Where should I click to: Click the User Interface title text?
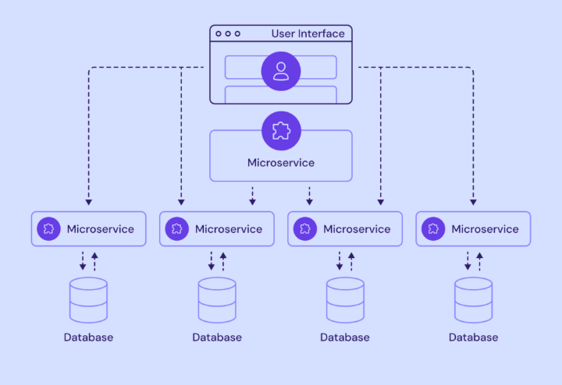(308, 34)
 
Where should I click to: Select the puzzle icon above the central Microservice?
(281, 131)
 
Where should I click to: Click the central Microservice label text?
(281, 163)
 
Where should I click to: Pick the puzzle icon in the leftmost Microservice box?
(48, 229)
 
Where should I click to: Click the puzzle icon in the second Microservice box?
(176, 229)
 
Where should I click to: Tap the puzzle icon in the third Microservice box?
(304, 229)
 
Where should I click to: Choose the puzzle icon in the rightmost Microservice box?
(433, 229)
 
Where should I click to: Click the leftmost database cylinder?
(88, 300)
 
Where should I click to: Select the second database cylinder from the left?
(216, 300)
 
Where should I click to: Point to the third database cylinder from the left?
(345, 300)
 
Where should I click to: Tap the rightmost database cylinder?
(473, 300)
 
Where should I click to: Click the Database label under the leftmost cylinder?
(88, 337)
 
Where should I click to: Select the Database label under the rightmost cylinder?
(473, 337)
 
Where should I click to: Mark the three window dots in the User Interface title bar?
(227, 34)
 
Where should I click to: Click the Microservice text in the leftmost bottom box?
(101, 229)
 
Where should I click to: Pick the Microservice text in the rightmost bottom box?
(485, 229)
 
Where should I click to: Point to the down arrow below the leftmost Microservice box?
(83, 262)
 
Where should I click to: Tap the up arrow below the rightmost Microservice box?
(478, 260)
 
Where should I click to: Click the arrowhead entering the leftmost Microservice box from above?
(88, 203)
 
